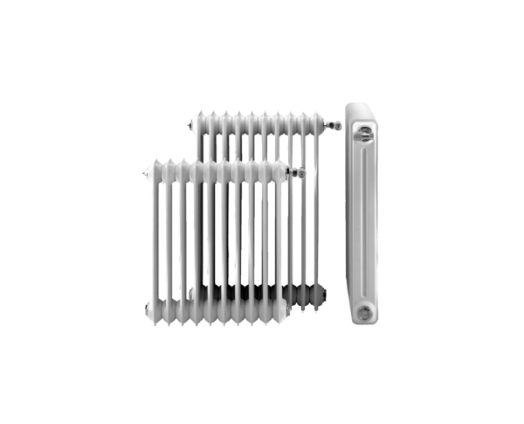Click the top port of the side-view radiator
364,132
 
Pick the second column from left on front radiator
169,236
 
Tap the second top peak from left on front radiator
169,161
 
